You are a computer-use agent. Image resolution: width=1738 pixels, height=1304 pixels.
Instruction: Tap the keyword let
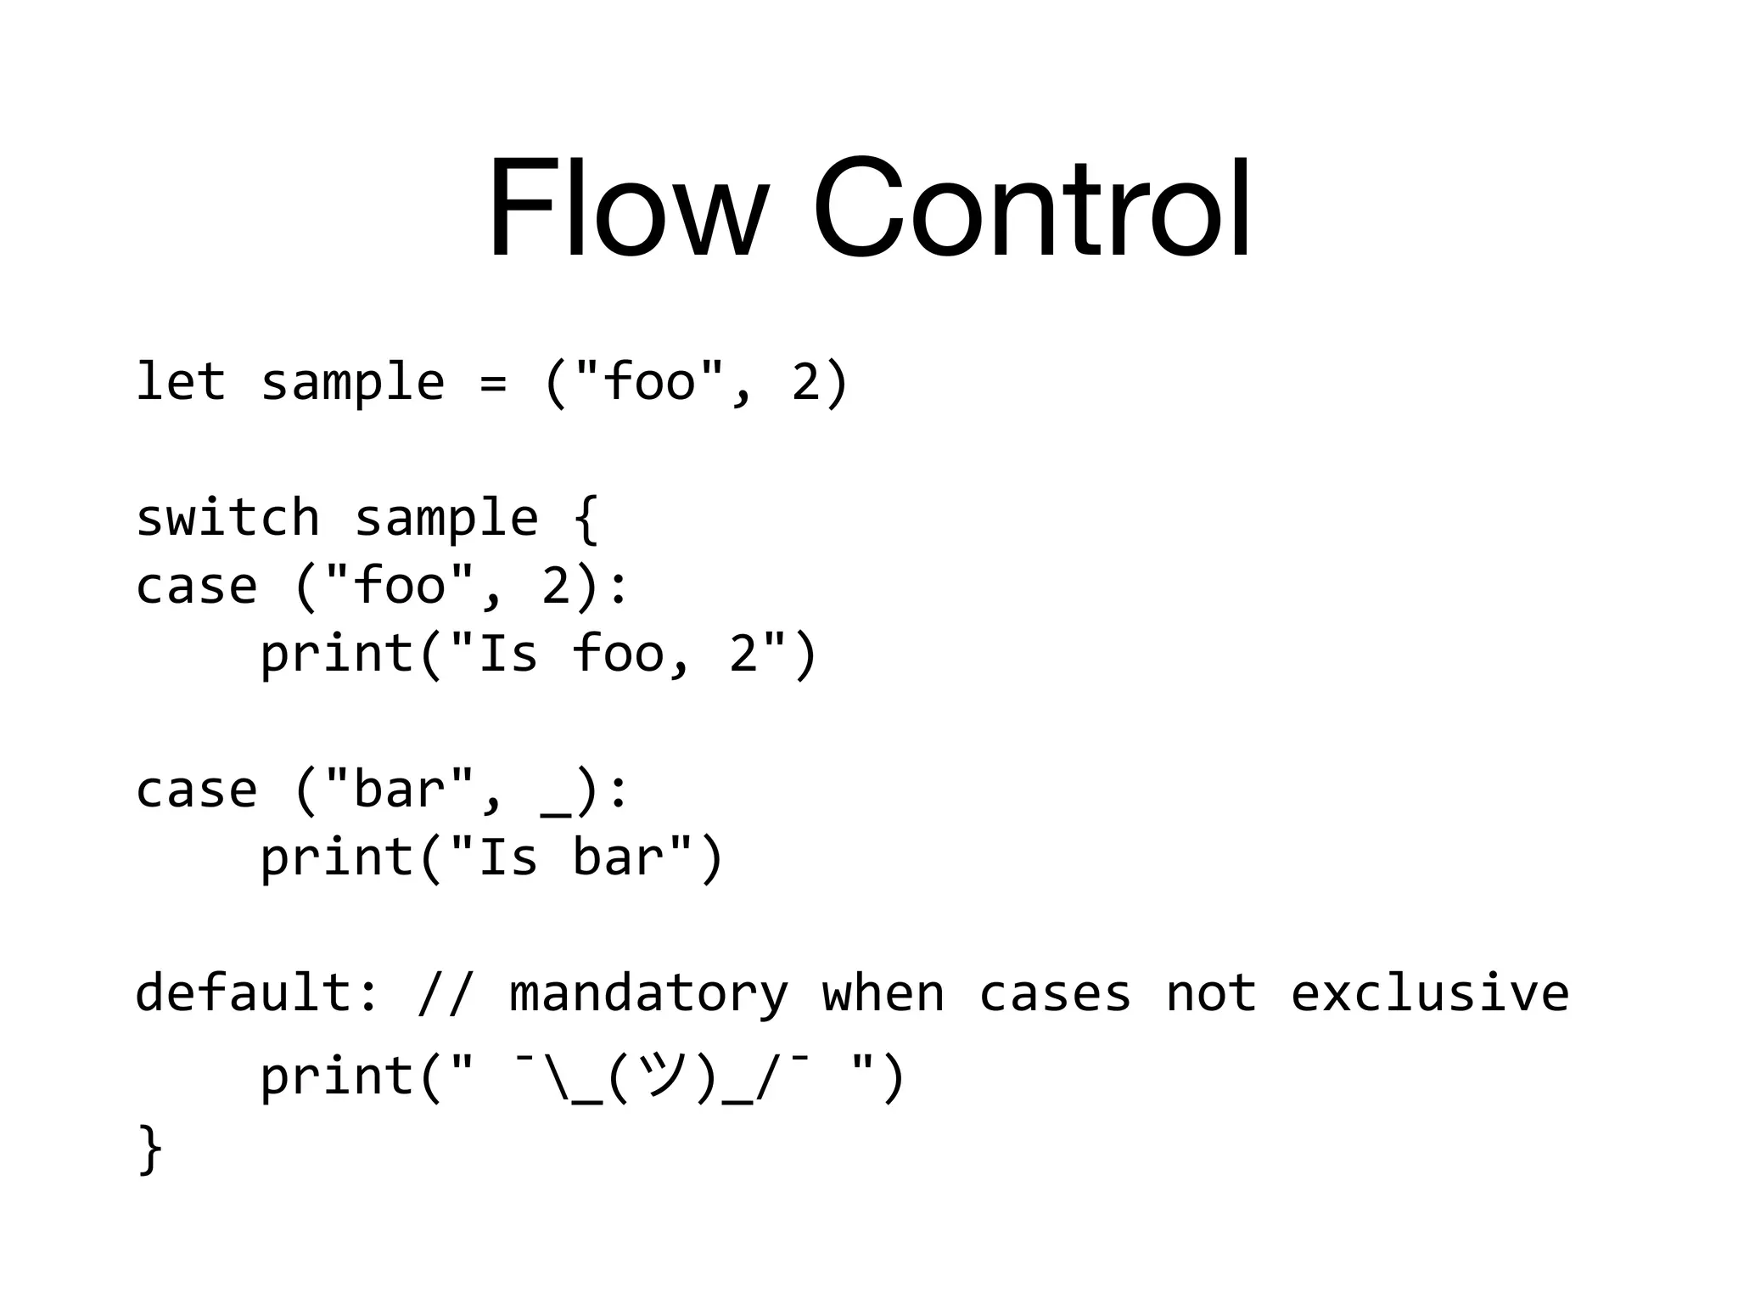(x=181, y=381)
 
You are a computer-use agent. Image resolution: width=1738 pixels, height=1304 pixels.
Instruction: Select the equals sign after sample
(x=493, y=383)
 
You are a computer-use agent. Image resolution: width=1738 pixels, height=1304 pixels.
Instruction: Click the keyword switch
(x=227, y=517)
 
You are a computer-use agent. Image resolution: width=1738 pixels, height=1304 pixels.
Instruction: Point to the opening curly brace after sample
(x=586, y=519)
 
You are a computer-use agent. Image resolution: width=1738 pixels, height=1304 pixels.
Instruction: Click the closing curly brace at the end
(x=150, y=1148)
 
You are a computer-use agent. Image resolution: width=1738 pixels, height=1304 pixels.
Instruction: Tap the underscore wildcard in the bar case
(x=556, y=807)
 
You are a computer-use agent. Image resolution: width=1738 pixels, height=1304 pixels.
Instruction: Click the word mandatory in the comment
(x=648, y=993)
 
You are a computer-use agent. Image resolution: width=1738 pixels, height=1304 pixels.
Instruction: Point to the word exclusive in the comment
(x=1430, y=993)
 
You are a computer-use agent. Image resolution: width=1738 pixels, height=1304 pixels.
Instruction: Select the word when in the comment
(x=883, y=993)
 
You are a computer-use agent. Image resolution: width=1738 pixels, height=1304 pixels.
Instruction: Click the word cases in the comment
(x=1055, y=993)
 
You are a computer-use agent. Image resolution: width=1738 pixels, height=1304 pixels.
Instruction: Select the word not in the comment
(x=1211, y=993)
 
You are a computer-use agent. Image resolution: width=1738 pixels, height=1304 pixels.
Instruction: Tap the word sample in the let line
(x=352, y=383)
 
